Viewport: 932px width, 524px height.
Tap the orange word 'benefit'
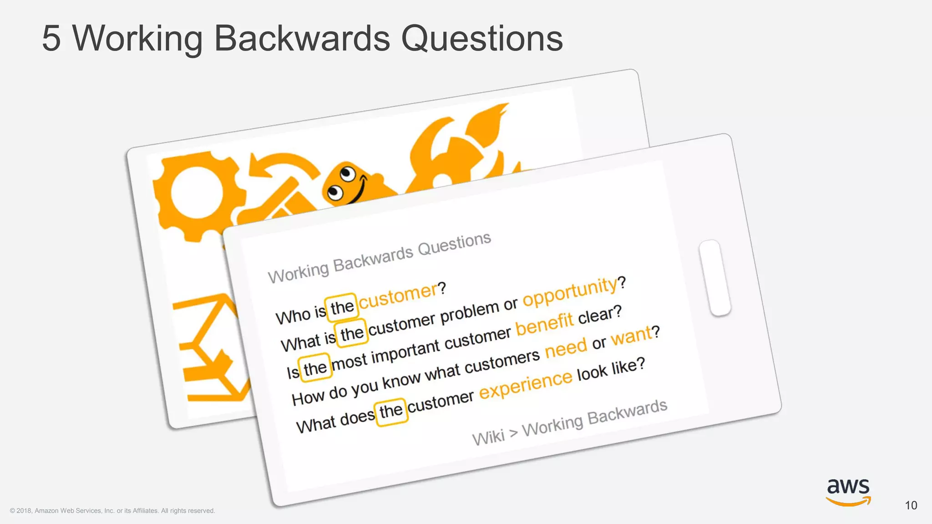pos(544,325)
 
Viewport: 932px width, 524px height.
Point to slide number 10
pos(911,505)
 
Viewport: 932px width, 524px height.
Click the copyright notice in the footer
pos(112,511)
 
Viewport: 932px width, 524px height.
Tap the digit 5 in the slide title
pos(51,38)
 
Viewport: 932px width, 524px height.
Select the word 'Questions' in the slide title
pos(481,38)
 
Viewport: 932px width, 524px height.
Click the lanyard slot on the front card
pos(715,277)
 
